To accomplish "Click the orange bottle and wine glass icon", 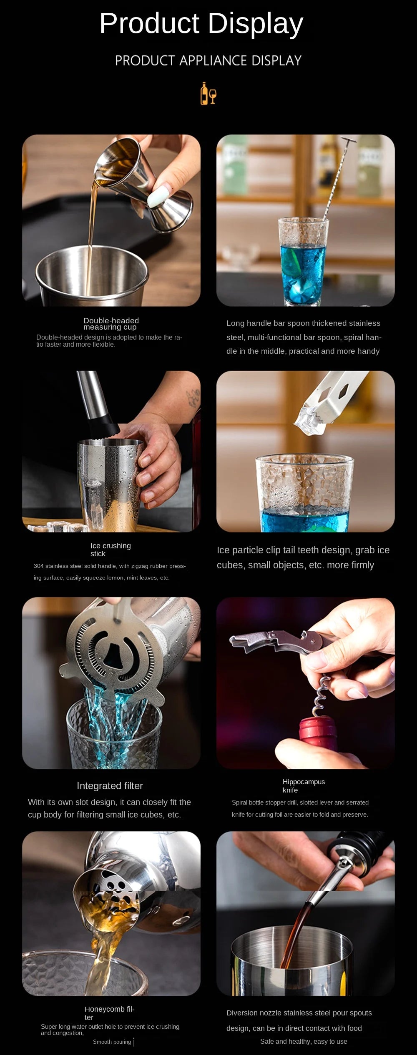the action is (x=208, y=93).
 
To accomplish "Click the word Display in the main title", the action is (x=255, y=24).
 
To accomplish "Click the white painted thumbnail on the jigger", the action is (x=160, y=195).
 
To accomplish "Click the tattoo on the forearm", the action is (x=193, y=397).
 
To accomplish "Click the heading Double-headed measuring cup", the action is (x=111, y=324).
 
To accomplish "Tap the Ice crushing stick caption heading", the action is (x=111, y=550).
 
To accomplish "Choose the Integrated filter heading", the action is (x=110, y=786).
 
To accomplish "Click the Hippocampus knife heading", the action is (x=304, y=786).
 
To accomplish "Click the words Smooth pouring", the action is (x=112, y=1042).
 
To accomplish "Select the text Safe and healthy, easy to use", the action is (x=304, y=1041).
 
